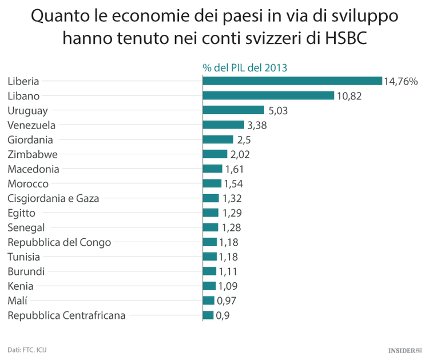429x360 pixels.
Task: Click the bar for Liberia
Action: [292, 81]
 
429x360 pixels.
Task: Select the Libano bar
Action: [268, 95]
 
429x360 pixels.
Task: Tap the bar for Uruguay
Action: [233, 110]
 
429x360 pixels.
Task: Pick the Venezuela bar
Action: [223, 125]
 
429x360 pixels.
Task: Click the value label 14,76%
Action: [401, 81]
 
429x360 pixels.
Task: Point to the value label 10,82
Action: [349, 95]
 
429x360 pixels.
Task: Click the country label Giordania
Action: [30, 140]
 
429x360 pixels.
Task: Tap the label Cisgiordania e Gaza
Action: [53, 198]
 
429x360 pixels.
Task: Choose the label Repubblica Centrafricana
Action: [66, 315]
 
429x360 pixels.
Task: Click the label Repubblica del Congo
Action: [59, 242]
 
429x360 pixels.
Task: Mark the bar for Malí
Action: [208, 301]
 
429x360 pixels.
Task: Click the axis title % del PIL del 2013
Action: [245, 67]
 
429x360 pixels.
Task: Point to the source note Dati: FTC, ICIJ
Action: [27, 349]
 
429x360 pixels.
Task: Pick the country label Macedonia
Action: [33, 169]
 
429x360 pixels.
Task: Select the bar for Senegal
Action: [210, 227]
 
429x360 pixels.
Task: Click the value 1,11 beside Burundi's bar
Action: [228, 271]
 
